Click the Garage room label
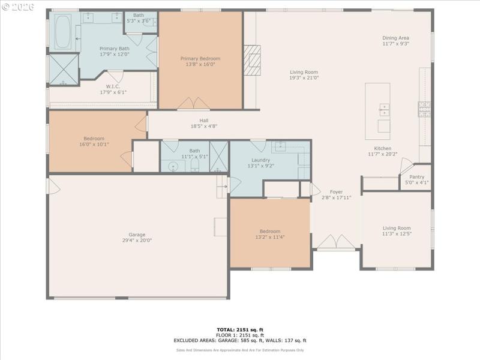pos(137,235)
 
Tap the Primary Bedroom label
pos(200,59)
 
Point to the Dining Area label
pos(396,38)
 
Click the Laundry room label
pos(260,160)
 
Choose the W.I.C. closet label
pos(113,86)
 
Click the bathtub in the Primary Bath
pos(63,32)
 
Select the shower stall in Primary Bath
pos(63,70)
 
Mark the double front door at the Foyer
pos(336,242)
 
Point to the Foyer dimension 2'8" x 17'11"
pos(336,197)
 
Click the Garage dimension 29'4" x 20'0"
pos(137,240)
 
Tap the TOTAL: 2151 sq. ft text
pos(240,329)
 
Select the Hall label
pos(203,121)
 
